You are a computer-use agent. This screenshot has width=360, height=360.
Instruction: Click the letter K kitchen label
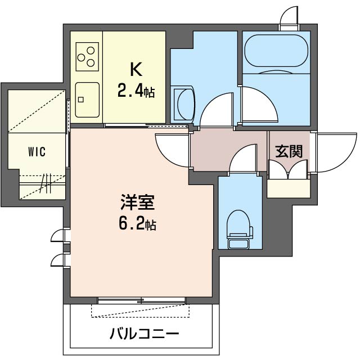[x=136, y=69]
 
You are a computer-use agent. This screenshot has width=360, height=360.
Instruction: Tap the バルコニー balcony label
[x=144, y=334]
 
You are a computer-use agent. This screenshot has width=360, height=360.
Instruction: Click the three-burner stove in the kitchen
[x=86, y=56]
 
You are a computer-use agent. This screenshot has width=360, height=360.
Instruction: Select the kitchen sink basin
[x=87, y=100]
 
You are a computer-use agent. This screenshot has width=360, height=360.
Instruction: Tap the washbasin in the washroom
[x=184, y=103]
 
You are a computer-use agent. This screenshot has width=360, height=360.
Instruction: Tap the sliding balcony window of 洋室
[x=141, y=300]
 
